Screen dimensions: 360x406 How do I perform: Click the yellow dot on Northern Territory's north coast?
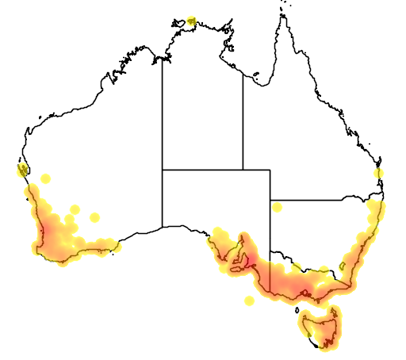[x=192, y=20]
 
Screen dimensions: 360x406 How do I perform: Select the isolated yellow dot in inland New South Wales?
[x=278, y=207]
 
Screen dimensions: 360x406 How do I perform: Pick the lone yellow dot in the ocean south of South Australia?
[x=250, y=301]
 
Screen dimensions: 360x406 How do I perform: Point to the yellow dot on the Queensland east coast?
[x=379, y=173]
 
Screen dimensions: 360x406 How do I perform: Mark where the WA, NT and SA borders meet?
[x=163, y=169]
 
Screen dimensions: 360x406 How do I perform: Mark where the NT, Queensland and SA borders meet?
[x=243, y=169]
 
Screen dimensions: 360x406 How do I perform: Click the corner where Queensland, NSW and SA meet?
[x=270, y=200]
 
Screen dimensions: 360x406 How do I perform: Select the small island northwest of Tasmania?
[x=297, y=308]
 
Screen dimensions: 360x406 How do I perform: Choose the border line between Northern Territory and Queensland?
[x=243, y=119]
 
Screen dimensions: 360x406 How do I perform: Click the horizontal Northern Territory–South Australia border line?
[x=202, y=169]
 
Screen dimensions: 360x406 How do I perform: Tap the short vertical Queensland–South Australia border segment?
[x=270, y=184]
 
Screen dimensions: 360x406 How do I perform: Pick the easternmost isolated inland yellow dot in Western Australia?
[x=95, y=217]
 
